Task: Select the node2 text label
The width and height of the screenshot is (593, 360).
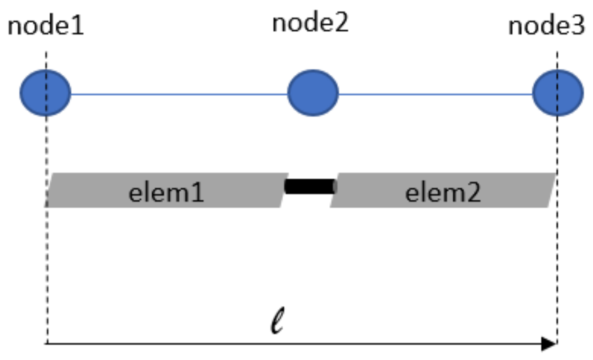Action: coord(310,23)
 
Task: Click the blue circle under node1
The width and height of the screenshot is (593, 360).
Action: coord(45,93)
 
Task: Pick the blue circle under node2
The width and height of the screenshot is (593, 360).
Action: coord(313,93)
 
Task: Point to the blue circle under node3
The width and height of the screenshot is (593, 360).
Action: coord(558,93)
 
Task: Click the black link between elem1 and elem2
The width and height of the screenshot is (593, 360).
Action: coord(310,186)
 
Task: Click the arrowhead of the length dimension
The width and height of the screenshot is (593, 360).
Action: coord(549,344)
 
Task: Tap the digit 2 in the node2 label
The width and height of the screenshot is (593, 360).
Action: coord(342,23)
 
